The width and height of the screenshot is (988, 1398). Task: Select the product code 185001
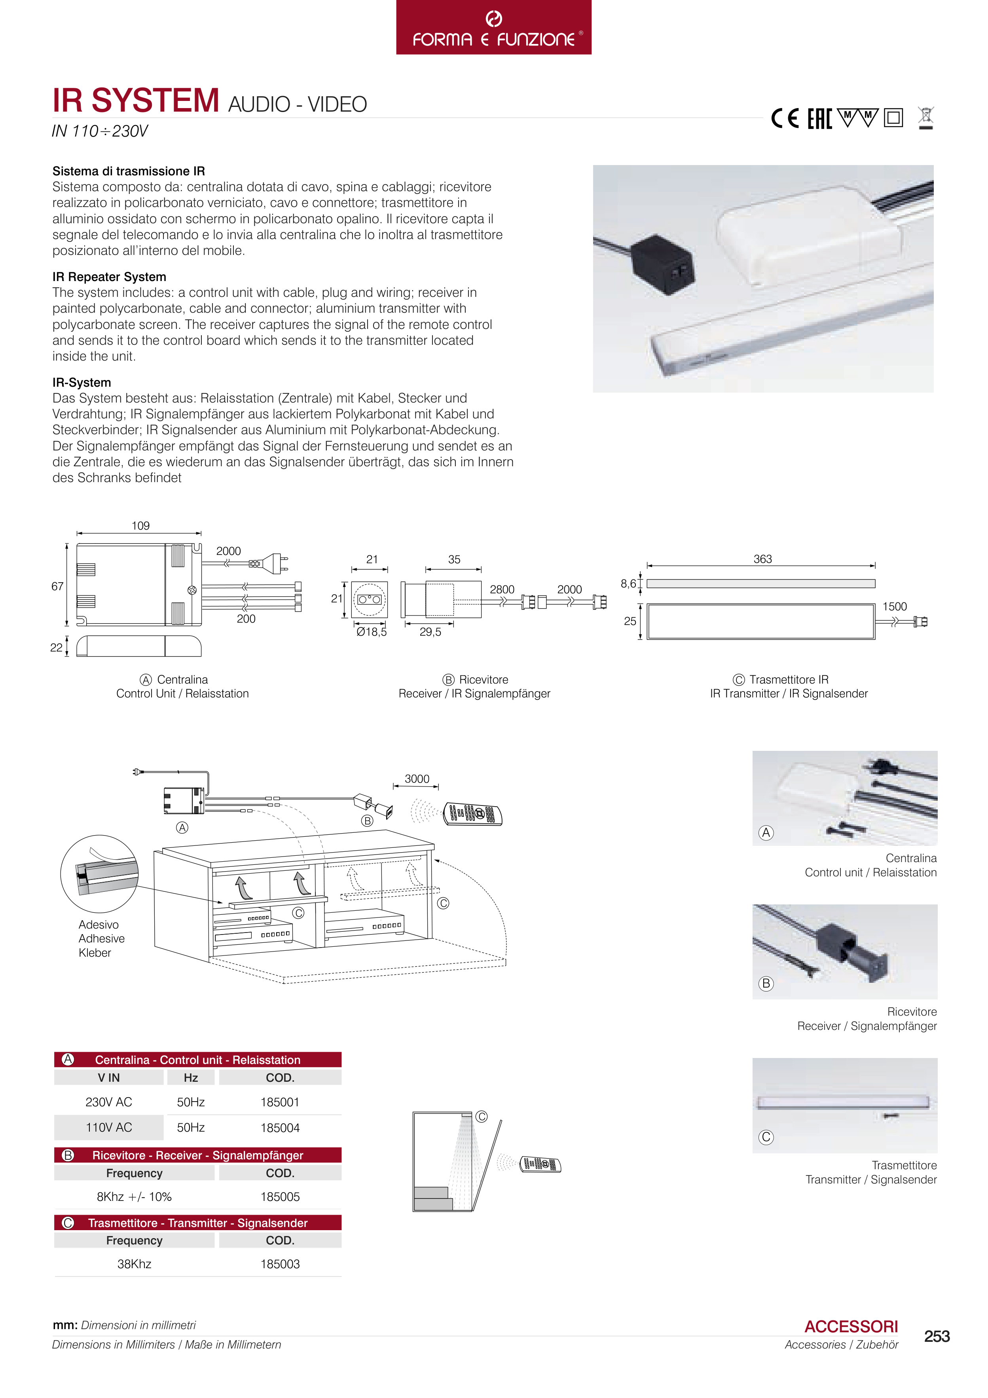pyautogui.click(x=280, y=1102)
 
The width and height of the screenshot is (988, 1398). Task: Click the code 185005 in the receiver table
pyautogui.click(x=280, y=1197)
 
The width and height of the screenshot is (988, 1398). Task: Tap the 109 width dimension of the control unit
pyautogui.click(x=140, y=526)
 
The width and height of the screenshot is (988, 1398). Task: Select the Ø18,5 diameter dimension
pyautogui.click(x=371, y=632)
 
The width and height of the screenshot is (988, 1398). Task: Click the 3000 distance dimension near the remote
pyautogui.click(x=417, y=779)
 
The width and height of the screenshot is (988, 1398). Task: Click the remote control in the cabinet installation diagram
pyautogui.click(x=473, y=813)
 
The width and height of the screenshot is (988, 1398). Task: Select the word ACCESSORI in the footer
pyautogui.click(x=851, y=1327)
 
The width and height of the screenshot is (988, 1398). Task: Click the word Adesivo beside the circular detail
pyautogui.click(x=99, y=924)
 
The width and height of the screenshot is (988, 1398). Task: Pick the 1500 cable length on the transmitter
pyautogui.click(x=894, y=606)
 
